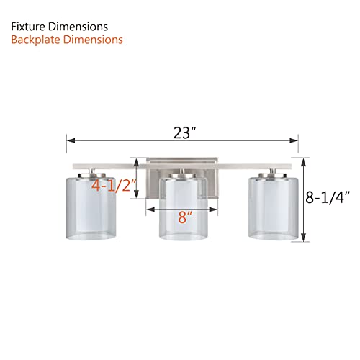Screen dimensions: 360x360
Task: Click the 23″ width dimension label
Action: pyautogui.click(x=184, y=132)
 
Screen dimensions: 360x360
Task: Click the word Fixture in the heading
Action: pyautogui.click(x=32, y=26)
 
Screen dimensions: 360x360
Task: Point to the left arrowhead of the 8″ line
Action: pyautogui.click(x=149, y=210)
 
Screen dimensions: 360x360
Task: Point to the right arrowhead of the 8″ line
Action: pyautogui.click(x=215, y=210)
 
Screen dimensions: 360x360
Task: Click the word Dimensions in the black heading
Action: pyautogui.click(x=83, y=26)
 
